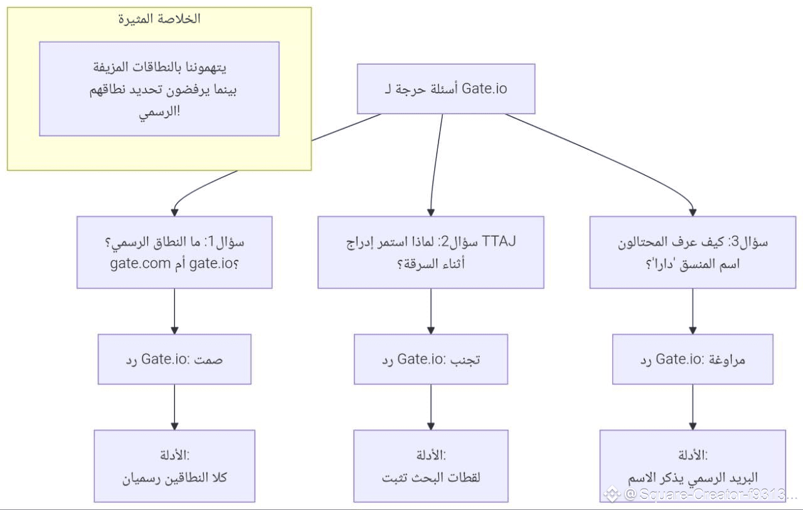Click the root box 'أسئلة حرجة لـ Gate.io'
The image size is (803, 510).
coord(446,89)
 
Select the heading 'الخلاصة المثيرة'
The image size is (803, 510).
coord(159,19)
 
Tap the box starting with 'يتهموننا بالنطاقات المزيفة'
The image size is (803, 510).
coord(159,89)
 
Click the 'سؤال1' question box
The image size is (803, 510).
coord(174,252)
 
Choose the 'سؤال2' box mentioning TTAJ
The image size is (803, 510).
coord(431,252)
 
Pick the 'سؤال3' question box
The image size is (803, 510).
coord(693,252)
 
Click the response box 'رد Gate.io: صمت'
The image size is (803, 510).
coord(174,359)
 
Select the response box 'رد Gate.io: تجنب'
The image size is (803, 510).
coord(431,359)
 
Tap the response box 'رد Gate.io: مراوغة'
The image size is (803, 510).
coord(693,359)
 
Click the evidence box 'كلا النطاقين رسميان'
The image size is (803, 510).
coord(174,466)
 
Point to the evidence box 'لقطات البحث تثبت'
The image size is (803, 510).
coord(431,466)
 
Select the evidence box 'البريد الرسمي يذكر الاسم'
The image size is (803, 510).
coord(693,466)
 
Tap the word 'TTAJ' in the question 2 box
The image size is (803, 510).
coord(499,242)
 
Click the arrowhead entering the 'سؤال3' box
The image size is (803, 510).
coord(693,213)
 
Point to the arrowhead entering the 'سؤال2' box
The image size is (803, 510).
coord(431,213)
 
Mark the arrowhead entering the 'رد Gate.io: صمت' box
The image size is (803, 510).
coord(174,331)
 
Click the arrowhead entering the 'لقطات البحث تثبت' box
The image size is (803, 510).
coord(431,426)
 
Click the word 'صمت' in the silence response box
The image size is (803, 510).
coord(208,359)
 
